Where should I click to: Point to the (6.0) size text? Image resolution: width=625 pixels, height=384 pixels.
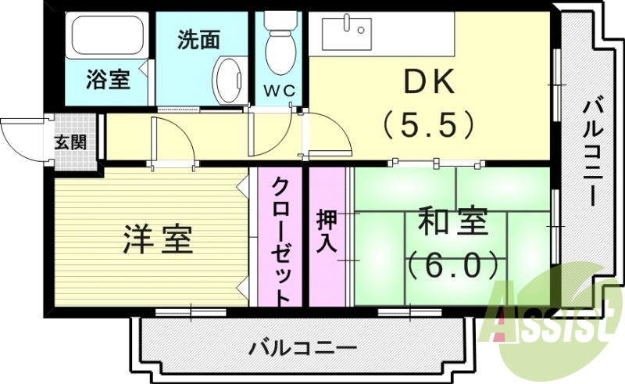(453, 265)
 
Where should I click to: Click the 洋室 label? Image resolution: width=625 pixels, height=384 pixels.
(157, 239)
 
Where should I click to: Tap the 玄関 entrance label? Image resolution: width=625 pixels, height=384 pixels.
(70, 142)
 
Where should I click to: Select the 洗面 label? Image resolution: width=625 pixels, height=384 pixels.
(198, 40)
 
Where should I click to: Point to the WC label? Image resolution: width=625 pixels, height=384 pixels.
(279, 91)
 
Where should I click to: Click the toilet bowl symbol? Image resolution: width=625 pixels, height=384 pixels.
(279, 47)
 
